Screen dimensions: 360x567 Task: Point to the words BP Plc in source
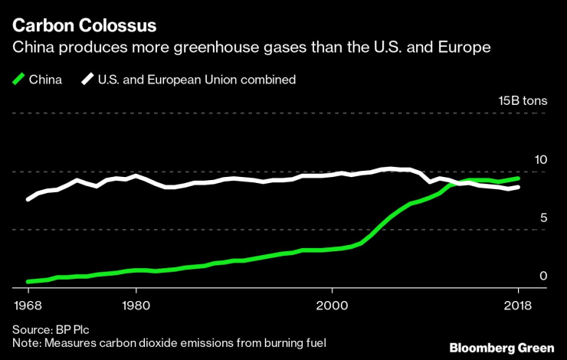click(71, 329)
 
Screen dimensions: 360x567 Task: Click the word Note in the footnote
click(27, 342)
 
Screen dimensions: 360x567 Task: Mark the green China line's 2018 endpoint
click(519, 178)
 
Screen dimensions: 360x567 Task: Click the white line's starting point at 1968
click(28, 199)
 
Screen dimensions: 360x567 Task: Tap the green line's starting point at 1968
click(28, 282)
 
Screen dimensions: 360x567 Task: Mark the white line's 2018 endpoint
click(519, 187)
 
